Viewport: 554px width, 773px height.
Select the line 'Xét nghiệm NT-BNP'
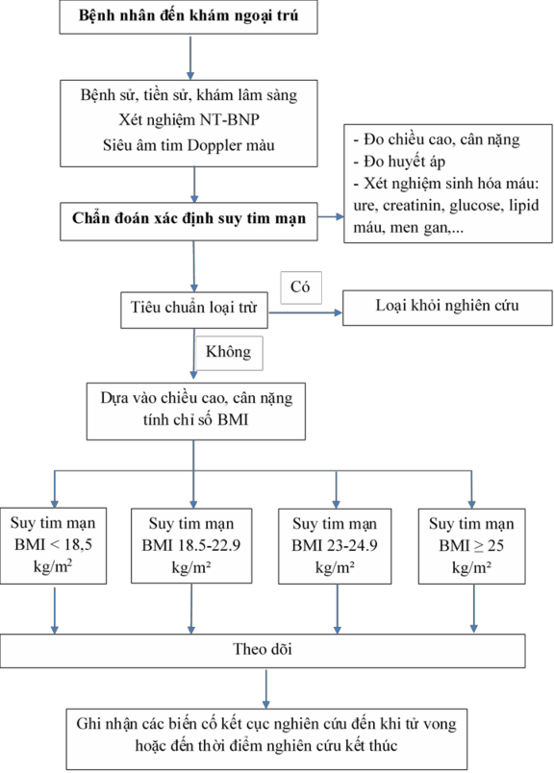(196, 120)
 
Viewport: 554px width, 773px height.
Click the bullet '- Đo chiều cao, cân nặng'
(436, 139)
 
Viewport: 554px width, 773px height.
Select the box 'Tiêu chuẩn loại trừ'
(195, 310)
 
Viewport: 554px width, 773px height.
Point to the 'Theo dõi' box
(263, 650)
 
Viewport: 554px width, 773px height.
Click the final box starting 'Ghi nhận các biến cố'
(262, 733)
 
